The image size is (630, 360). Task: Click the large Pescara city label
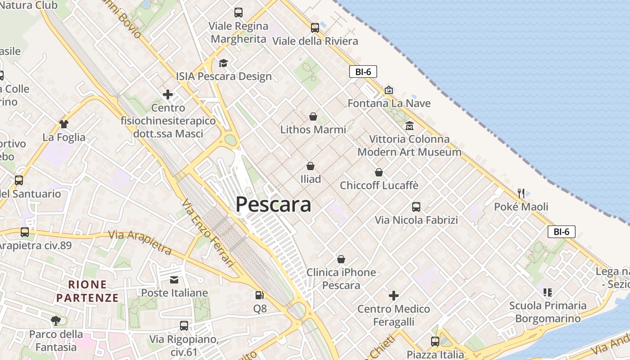273,204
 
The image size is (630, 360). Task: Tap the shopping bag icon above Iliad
310,166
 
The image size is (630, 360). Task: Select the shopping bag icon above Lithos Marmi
313,117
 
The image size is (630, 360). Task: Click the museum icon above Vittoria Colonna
409,126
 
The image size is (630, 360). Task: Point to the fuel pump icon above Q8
259,295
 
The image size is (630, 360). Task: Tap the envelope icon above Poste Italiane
174,280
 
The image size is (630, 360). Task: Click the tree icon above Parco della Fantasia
56,321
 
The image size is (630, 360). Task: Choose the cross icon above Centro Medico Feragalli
394,296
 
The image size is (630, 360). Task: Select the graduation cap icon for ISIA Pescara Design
223,63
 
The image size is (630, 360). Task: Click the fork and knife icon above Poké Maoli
521,193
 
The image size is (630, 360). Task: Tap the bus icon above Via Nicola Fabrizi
416,207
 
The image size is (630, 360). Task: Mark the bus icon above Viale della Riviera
315,28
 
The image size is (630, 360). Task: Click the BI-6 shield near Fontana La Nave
363,72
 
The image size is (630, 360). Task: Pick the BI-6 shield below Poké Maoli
561,232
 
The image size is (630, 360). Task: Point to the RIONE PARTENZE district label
88,291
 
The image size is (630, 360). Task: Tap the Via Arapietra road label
140,242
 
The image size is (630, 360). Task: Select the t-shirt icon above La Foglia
63,124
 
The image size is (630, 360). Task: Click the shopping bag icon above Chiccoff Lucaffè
379,172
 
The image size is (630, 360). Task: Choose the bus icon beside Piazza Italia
435,341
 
